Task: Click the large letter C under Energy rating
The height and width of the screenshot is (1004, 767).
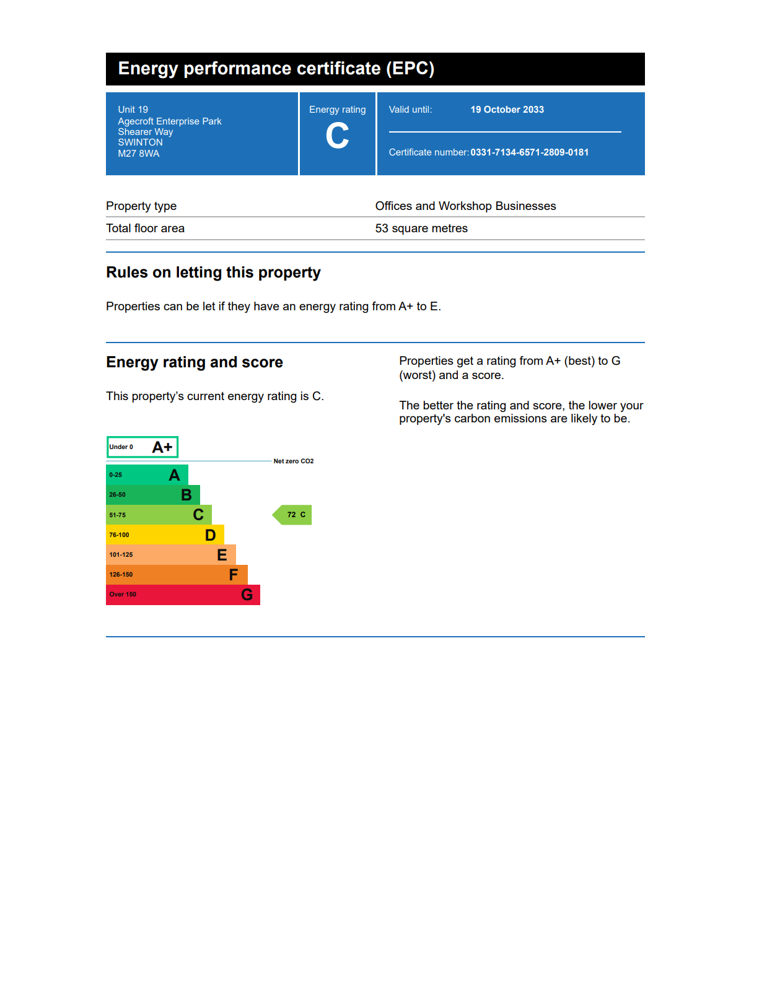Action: pos(337,136)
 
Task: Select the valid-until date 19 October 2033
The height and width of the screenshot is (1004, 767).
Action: pos(507,110)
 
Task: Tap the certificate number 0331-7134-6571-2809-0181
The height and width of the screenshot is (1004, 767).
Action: pos(529,152)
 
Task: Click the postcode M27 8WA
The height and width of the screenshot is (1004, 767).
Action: pos(139,154)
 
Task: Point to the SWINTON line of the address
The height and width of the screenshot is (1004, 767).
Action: pos(140,142)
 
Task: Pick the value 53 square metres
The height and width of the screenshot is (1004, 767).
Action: pos(421,229)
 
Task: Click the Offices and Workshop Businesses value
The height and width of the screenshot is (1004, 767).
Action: pos(465,206)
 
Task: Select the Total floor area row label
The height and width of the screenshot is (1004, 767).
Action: pos(145,229)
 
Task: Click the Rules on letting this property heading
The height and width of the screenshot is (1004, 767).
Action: pos(213,273)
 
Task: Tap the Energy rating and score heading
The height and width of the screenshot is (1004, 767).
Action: pos(194,362)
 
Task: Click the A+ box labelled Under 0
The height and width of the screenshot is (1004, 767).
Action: pos(142,447)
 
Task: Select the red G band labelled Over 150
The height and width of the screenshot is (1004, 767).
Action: pos(183,595)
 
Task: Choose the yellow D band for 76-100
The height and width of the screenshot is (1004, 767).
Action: pos(165,535)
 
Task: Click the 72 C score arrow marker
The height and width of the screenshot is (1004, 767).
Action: pos(294,515)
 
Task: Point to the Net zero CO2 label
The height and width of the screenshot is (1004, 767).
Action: pos(294,461)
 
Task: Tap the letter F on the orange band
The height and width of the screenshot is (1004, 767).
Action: pos(233,575)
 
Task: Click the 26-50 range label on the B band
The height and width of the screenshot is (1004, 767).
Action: pos(117,495)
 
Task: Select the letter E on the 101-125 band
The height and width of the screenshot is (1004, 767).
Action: pos(222,555)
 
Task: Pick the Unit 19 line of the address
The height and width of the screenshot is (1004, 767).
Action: pos(133,110)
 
